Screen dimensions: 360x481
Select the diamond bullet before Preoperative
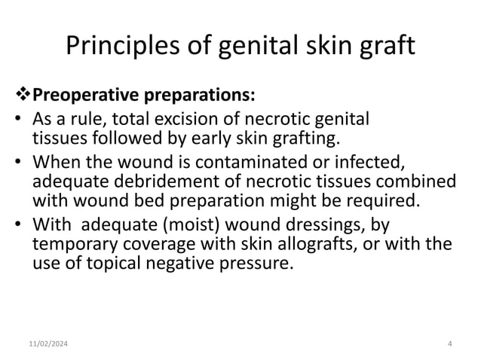25,96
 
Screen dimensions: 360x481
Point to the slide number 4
449,343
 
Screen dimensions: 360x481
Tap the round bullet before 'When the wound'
17,163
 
